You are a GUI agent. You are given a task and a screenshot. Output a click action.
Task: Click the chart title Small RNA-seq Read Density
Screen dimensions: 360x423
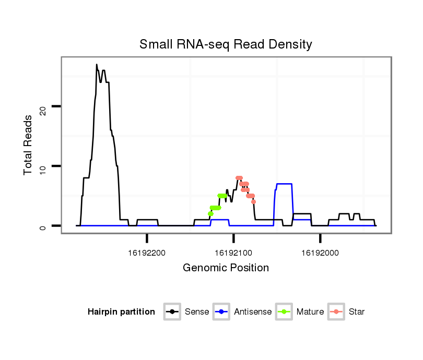tap(226, 44)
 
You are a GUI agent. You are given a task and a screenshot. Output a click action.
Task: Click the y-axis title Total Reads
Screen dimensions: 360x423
tap(29, 145)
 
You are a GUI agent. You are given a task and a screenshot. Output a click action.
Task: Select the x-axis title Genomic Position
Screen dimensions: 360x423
tap(226, 268)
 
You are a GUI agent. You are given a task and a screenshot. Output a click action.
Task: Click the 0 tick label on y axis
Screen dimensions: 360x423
tap(44, 226)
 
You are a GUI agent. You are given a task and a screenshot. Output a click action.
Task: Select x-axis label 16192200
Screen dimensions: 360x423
tap(147, 253)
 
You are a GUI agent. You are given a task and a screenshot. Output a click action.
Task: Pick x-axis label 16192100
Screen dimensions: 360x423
tap(233, 253)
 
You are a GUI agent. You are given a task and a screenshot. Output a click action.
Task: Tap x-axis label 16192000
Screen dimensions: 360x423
tap(320, 253)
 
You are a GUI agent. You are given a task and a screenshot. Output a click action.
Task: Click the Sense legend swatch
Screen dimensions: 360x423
tap(172, 312)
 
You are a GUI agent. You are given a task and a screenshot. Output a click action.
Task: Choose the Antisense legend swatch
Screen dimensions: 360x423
tap(221, 312)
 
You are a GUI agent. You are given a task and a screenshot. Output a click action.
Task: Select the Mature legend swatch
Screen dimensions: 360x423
tap(284, 312)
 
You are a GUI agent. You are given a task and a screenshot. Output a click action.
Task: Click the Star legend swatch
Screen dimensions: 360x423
tap(336, 312)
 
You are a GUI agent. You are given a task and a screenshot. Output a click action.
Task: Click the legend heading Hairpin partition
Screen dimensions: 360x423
tap(121, 312)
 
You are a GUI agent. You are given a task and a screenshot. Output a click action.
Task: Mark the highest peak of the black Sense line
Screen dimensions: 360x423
tap(97, 65)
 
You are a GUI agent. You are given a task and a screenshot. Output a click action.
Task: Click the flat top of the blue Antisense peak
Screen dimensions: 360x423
tap(284, 184)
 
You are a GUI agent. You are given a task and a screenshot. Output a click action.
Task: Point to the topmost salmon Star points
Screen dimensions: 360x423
tap(239, 178)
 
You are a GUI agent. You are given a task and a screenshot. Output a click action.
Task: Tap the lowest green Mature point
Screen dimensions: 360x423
tap(210, 213)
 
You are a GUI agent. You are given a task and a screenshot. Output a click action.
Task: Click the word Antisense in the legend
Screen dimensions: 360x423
tap(253, 312)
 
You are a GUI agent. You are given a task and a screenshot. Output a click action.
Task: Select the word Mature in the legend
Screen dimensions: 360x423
tap(310, 312)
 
